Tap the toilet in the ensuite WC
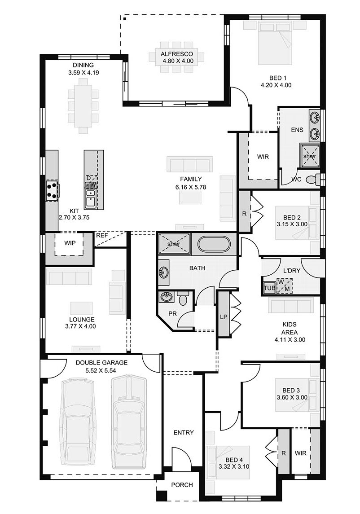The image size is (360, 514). pyautogui.click(x=313, y=179)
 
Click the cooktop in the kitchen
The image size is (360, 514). pyautogui.click(x=52, y=191)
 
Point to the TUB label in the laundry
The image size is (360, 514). pyautogui.click(x=269, y=288)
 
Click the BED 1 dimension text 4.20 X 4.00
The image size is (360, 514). pyautogui.click(x=276, y=85)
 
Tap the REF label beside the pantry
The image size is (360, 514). pyautogui.click(x=101, y=235)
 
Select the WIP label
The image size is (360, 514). pyautogui.click(x=70, y=243)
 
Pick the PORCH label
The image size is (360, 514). pyautogui.click(x=182, y=485)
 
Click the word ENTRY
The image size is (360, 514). pyautogui.click(x=184, y=433)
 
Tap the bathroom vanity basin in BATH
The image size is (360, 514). pyautogui.click(x=163, y=272)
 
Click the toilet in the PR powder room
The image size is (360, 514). pyautogui.click(x=183, y=298)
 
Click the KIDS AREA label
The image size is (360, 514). pyautogui.click(x=290, y=329)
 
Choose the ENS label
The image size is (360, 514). pyautogui.click(x=297, y=130)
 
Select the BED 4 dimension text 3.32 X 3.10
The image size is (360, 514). pyautogui.click(x=234, y=467)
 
